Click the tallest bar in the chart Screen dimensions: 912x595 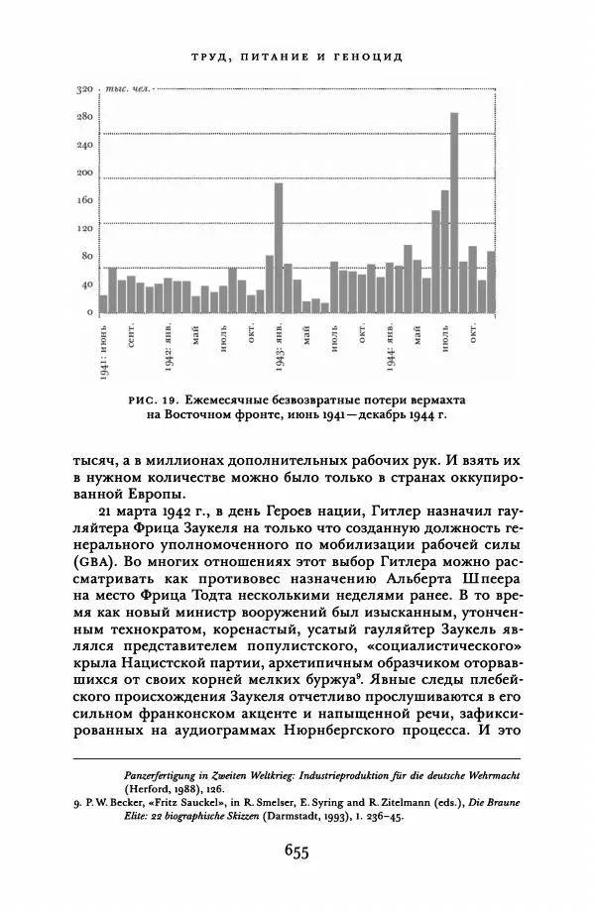point(454,212)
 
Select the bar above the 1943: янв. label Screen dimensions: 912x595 point(279,247)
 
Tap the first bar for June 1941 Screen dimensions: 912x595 point(103,302)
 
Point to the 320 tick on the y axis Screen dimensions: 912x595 point(84,90)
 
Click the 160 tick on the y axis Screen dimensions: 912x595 point(84,201)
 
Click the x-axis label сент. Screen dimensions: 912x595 point(131,335)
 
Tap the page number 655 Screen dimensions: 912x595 point(297,850)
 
